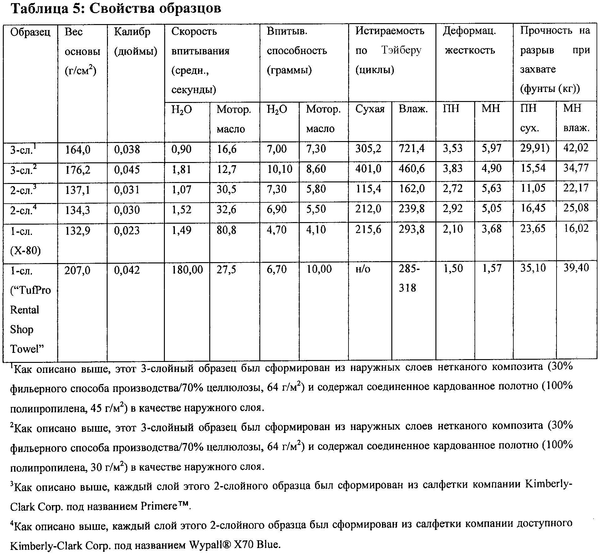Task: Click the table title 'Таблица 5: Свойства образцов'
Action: [x=116, y=9]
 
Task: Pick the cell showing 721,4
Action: [x=411, y=148]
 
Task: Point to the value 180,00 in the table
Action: [x=187, y=269]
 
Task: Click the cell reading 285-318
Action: [x=409, y=278]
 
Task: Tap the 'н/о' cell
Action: [x=363, y=269]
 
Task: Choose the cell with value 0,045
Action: [x=127, y=170]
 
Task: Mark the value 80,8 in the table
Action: [x=227, y=230]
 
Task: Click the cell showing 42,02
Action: [x=576, y=148]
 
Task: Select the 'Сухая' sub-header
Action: [x=370, y=109]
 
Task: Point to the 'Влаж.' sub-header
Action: [x=413, y=109]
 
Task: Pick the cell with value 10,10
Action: [x=279, y=169]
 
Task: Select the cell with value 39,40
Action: [x=576, y=268]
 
